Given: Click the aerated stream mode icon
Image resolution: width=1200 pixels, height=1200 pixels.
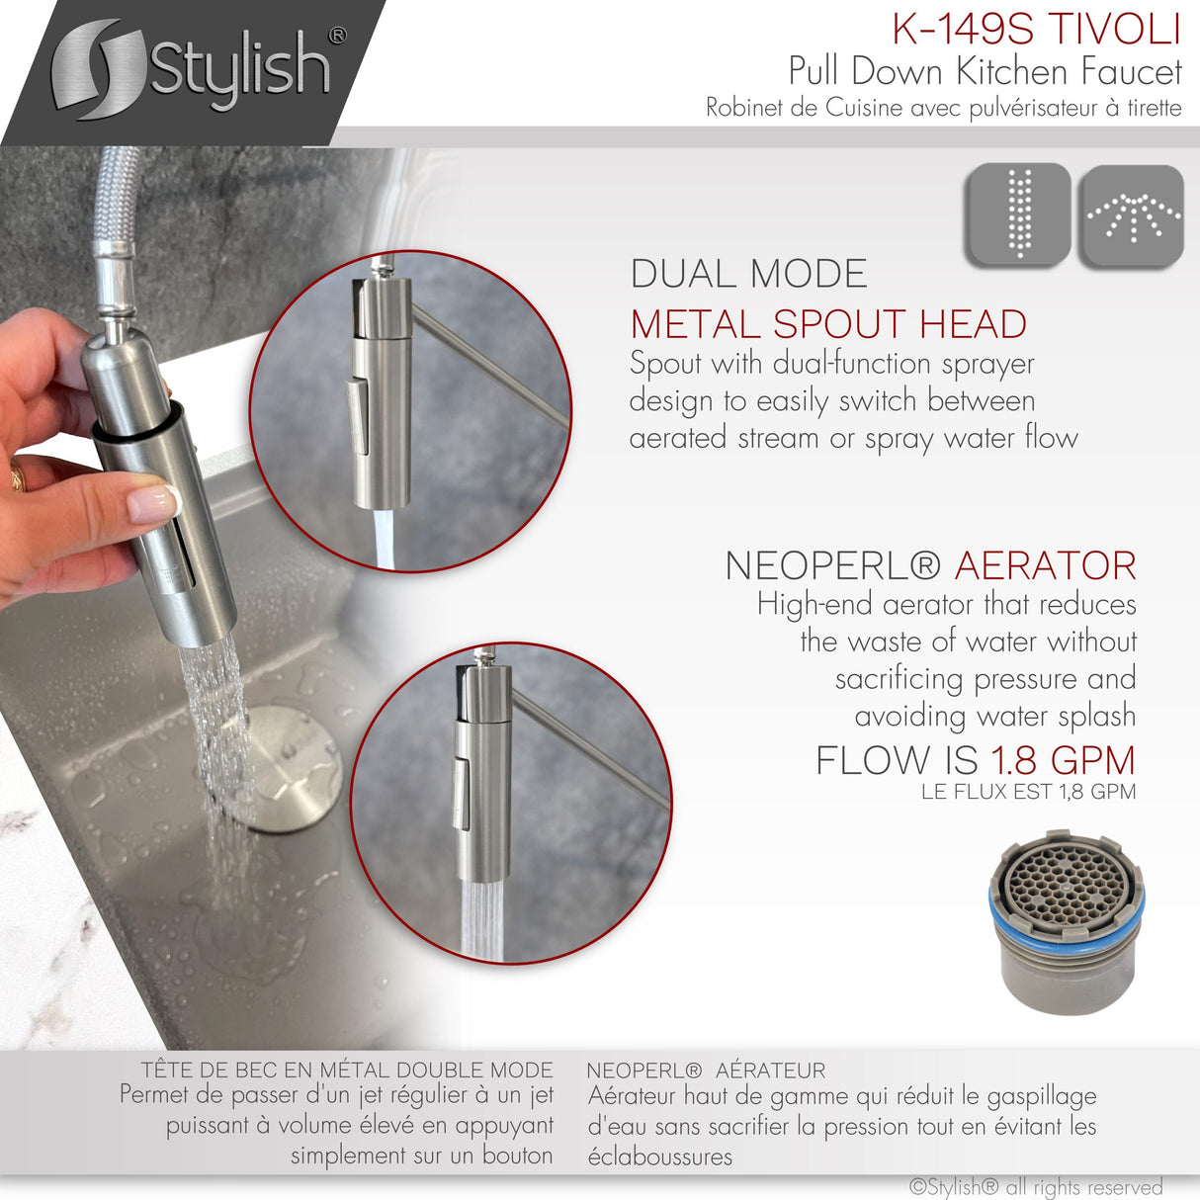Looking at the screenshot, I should pyautogui.click(x=1018, y=214).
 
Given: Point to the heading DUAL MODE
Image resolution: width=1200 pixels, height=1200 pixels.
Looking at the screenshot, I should pyautogui.click(x=748, y=274).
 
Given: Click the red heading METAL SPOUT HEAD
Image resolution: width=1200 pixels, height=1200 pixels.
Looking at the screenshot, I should pyautogui.click(x=828, y=324).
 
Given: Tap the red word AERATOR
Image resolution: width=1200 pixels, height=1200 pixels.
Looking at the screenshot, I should pyautogui.click(x=1045, y=565).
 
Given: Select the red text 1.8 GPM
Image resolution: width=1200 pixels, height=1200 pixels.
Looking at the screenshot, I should pyautogui.click(x=1063, y=760).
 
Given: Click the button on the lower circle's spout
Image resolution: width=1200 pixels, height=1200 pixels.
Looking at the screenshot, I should pyautogui.click(x=462, y=794).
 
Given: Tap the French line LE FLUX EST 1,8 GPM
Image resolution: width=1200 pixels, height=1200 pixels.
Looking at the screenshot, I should pyautogui.click(x=1028, y=792).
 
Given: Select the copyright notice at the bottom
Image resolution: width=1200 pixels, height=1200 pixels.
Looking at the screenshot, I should pyautogui.click(x=1035, y=1186).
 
